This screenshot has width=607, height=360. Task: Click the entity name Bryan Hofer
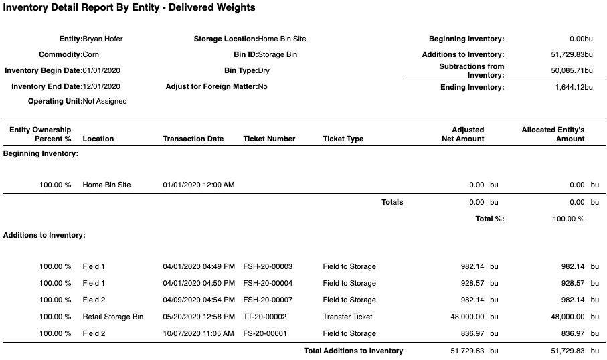(102, 39)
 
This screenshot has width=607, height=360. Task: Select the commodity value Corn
(90, 54)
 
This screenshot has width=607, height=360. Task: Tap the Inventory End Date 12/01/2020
(101, 86)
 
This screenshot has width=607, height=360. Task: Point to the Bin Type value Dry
(264, 70)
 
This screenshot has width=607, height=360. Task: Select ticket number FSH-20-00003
(268, 266)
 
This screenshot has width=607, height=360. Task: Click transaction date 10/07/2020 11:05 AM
(198, 333)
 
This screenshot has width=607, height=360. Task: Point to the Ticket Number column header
(269, 139)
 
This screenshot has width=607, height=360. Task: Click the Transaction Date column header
(193, 139)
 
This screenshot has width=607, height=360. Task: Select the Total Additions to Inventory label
(353, 351)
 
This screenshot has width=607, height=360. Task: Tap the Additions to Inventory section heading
(44, 235)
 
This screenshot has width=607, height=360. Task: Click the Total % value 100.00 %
(568, 219)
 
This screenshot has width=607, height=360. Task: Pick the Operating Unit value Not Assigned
(104, 102)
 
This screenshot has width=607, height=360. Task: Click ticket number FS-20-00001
(266, 333)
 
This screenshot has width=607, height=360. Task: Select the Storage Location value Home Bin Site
(282, 39)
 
